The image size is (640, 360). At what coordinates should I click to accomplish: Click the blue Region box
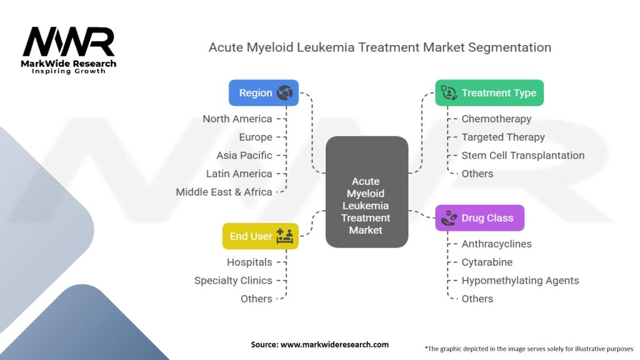point(263,92)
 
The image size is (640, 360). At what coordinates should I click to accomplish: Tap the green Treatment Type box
point(489,92)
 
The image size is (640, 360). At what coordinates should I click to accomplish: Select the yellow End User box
point(260,236)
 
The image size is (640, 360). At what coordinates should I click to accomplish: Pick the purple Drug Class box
point(479,218)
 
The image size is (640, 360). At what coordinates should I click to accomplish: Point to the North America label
point(237,119)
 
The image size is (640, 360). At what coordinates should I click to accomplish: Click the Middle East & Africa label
point(224,192)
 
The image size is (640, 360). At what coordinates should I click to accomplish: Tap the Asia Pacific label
point(244,155)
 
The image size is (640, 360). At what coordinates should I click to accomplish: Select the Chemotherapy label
point(496,119)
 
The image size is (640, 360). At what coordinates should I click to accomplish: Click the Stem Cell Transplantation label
point(523,155)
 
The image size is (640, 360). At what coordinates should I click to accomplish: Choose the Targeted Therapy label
point(503,137)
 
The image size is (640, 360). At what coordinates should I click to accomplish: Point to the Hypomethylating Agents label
point(520,281)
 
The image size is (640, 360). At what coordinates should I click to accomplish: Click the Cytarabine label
point(487,262)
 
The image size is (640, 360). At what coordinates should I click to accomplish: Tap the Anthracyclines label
point(496,244)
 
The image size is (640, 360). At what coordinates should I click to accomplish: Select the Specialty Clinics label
point(233,281)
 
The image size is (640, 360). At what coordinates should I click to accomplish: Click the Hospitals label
point(249,262)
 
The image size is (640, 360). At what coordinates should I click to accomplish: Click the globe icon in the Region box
point(285,92)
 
